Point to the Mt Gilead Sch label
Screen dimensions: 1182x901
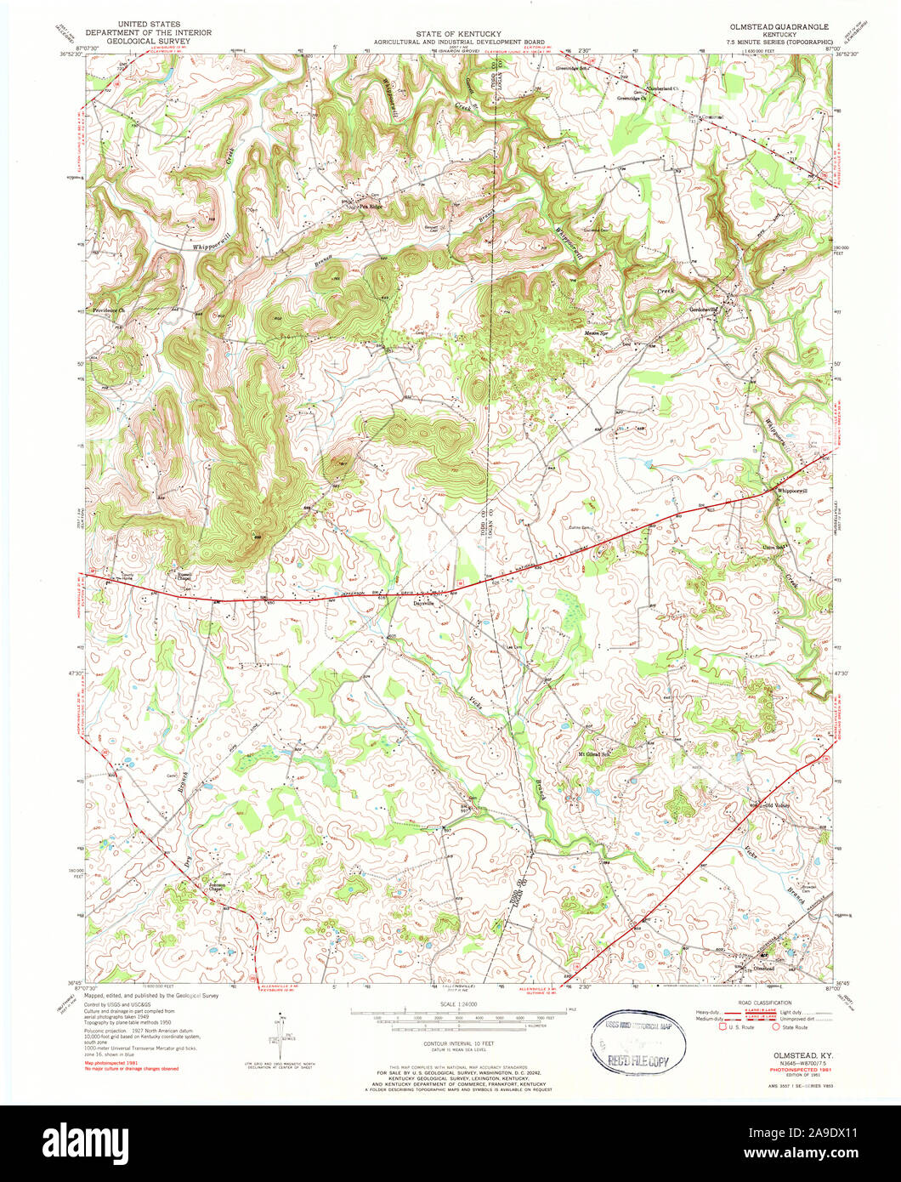596,753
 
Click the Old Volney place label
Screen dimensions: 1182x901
777,805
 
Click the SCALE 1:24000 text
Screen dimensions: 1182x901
451,1004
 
